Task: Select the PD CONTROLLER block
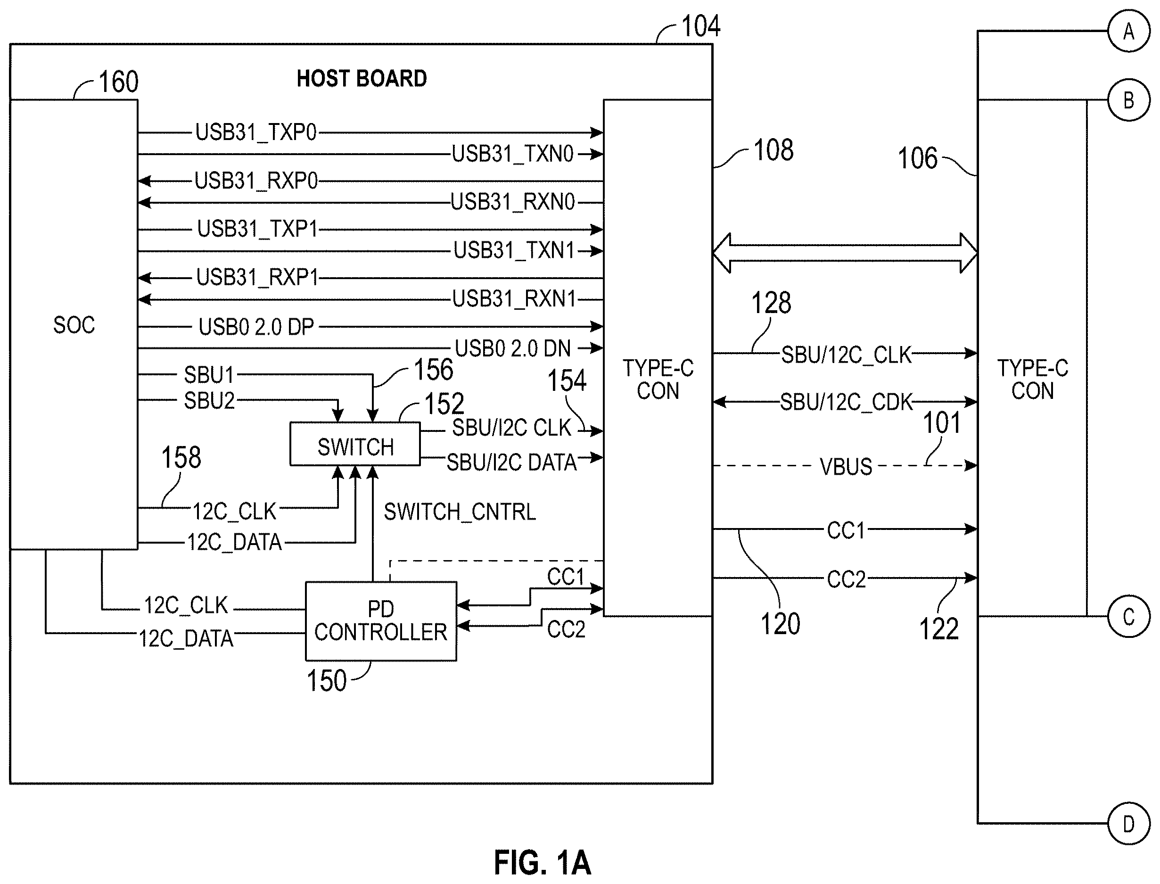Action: pos(381,621)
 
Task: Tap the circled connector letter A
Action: pos(1128,32)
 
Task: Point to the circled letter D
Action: pos(1128,824)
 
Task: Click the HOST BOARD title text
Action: pos(362,78)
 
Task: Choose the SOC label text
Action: pos(74,325)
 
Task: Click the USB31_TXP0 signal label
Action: pos(256,132)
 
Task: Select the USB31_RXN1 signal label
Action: pos(515,299)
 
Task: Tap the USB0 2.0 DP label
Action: pos(256,327)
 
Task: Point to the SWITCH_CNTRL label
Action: pos(460,512)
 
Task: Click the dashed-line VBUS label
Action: pos(846,467)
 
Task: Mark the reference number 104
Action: pos(701,26)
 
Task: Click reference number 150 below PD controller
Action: pos(327,680)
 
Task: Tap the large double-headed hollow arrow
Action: pos(845,253)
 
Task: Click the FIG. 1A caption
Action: pos(543,862)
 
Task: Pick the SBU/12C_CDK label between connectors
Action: pos(846,402)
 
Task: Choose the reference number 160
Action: pos(118,82)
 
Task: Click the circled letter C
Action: pos(1128,617)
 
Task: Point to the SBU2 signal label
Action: pos(209,401)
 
